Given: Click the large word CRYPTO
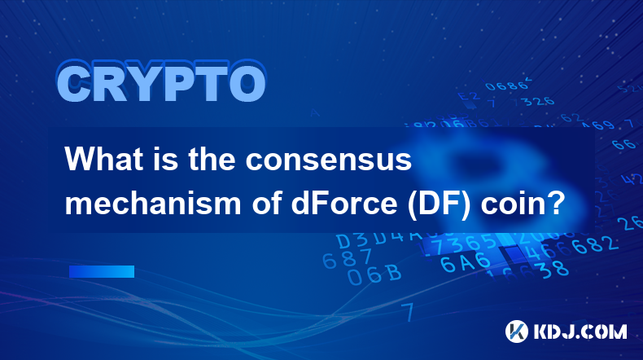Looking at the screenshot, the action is click(162, 81).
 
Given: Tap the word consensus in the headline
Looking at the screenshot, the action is click(329, 160).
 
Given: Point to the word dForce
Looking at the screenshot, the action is click(344, 203).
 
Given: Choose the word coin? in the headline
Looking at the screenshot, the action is click(523, 204).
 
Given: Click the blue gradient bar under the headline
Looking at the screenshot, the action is click(102, 272).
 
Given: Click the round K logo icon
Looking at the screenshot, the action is click(517, 331).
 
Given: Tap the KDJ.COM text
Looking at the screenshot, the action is click(580, 331).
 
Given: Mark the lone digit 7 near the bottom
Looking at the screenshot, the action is click(408, 312).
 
